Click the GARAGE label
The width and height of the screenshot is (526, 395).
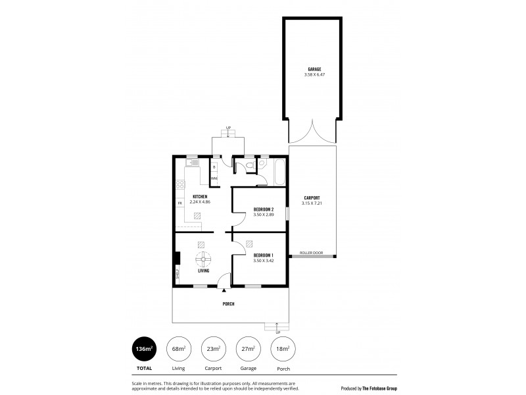coord(314,68)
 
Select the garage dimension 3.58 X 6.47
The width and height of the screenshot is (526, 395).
coord(314,75)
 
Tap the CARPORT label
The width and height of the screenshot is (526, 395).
coord(312,197)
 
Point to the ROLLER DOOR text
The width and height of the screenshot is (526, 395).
coord(311,252)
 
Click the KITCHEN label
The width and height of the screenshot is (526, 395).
coord(200,197)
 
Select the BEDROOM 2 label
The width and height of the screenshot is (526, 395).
coord(263,209)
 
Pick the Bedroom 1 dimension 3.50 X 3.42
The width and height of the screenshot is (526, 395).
coord(263,261)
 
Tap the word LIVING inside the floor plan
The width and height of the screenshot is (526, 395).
coord(203,271)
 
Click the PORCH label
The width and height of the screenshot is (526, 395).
coord(228,303)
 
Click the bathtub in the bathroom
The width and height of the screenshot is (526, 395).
coord(279,171)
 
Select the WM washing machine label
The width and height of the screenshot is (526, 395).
coord(214,178)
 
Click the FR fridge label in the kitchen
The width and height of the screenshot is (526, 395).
coord(179,203)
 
